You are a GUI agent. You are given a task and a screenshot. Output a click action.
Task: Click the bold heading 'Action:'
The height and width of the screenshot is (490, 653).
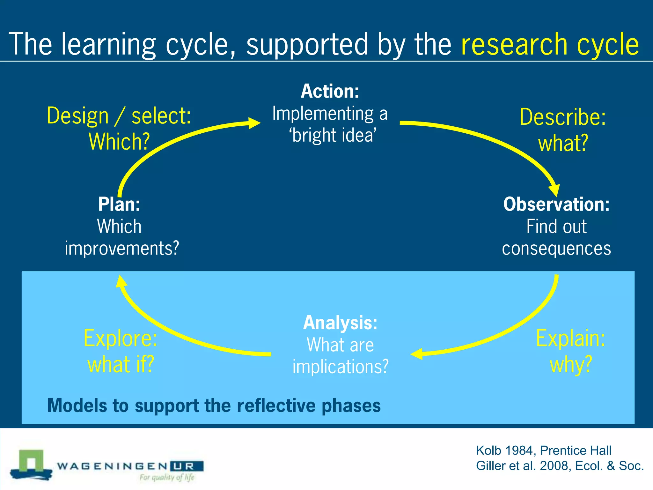pyautogui.click(x=330, y=91)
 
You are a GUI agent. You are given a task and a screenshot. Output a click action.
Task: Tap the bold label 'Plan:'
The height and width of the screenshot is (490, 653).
pyautogui.click(x=119, y=204)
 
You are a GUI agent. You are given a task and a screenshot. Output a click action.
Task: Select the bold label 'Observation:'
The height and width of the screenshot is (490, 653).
pyautogui.click(x=556, y=204)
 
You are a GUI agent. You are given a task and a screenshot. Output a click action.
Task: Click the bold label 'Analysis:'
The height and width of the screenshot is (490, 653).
pyautogui.click(x=340, y=323)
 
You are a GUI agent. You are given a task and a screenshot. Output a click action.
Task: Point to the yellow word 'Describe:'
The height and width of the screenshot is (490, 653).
pyautogui.click(x=562, y=117)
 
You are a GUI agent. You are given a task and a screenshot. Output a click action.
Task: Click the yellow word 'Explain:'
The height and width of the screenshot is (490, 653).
pyautogui.click(x=570, y=338)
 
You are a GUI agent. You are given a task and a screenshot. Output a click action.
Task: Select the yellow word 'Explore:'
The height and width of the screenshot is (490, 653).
pyautogui.click(x=120, y=338)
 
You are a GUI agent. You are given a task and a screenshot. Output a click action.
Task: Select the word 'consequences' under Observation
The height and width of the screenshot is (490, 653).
pyautogui.click(x=556, y=249)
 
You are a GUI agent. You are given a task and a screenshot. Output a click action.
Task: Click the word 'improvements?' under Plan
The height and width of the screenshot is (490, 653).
pyautogui.click(x=122, y=248)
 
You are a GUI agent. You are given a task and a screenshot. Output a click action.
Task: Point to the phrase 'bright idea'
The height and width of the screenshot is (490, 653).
pyautogui.click(x=333, y=135)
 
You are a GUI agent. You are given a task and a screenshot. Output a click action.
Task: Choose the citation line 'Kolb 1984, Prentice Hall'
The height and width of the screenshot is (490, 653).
pyautogui.click(x=543, y=450)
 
